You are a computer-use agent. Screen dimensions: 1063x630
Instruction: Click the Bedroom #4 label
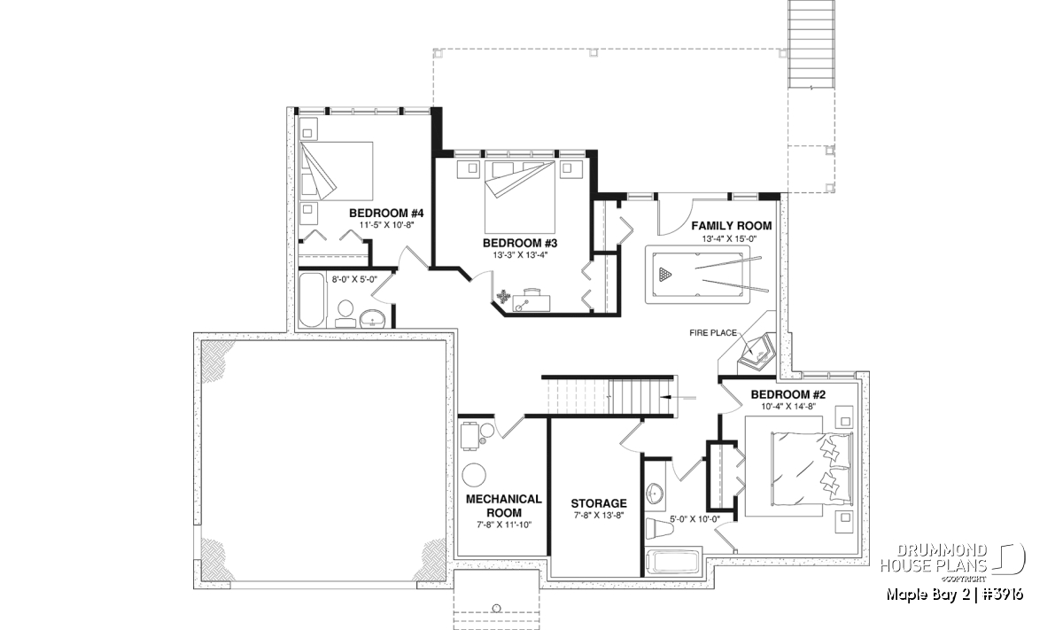pyautogui.click(x=386, y=213)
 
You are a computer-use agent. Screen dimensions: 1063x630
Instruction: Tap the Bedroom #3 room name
pyautogui.click(x=520, y=243)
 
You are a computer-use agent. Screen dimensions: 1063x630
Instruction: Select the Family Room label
pyautogui.click(x=732, y=226)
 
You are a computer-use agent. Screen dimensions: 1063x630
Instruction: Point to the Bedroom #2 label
pyautogui.click(x=788, y=394)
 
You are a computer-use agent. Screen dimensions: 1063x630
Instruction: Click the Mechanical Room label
pyautogui.click(x=504, y=506)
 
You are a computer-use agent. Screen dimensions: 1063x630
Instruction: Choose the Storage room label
pyautogui.click(x=599, y=503)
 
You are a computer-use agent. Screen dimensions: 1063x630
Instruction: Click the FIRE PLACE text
pyautogui.click(x=713, y=333)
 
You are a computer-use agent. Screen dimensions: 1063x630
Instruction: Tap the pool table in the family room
pyautogui.click(x=698, y=275)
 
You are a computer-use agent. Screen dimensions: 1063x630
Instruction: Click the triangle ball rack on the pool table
pyautogui.click(x=665, y=274)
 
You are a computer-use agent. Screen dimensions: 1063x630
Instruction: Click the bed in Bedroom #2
pyautogui.click(x=811, y=469)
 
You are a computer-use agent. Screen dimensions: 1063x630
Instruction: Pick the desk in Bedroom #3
pyautogui.click(x=531, y=302)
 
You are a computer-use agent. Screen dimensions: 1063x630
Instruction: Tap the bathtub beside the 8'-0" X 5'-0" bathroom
pyautogui.click(x=312, y=300)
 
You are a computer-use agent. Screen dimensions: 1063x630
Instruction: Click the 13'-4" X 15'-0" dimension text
pyautogui.click(x=729, y=239)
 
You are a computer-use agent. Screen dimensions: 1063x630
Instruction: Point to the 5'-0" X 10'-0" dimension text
pyautogui.click(x=694, y=519)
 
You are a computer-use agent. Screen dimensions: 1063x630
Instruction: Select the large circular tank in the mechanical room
pyautogui.click(x=475, y=474)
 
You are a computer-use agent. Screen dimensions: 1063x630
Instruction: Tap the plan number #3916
pyautogui.click(x=1003, y=594)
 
